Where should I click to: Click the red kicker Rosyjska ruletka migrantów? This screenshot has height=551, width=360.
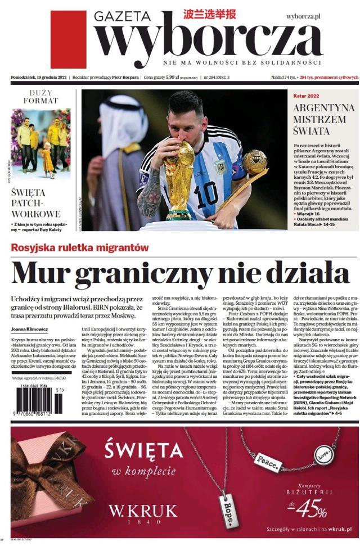(x=80, y=247)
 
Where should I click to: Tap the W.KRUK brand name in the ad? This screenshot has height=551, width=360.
(x=143, y=512)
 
